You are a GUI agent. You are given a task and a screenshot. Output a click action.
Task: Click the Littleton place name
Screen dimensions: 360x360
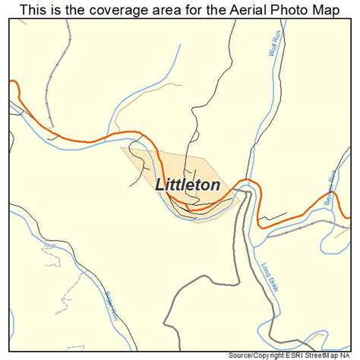click(188, 185)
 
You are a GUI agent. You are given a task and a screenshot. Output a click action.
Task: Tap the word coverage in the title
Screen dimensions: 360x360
click(115, 9)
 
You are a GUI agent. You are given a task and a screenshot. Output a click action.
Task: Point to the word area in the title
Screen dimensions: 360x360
click(162, 9)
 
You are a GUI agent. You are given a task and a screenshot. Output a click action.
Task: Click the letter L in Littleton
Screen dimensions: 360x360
click(159, 185)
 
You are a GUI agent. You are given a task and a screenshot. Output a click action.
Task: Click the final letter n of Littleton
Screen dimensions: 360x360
click(216, 185)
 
